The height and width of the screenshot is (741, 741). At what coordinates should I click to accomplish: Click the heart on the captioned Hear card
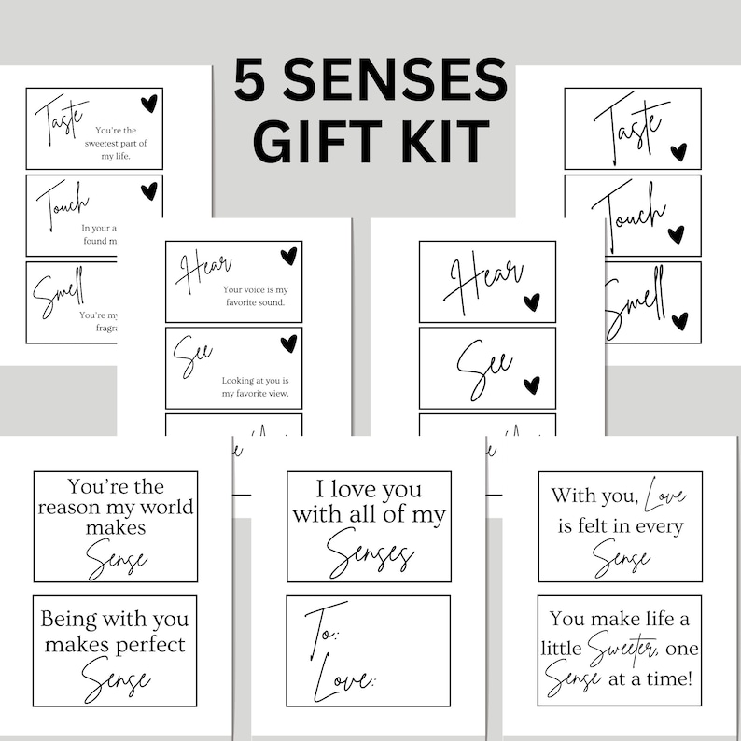288,255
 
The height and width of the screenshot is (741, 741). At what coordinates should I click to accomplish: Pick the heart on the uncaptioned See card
531,384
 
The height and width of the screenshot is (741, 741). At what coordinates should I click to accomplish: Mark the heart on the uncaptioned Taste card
678,151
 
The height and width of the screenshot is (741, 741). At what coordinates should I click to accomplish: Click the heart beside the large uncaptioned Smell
679,321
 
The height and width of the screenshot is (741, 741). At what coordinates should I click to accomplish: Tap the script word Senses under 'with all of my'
370,556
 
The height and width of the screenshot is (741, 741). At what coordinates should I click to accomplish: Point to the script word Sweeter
622,646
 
